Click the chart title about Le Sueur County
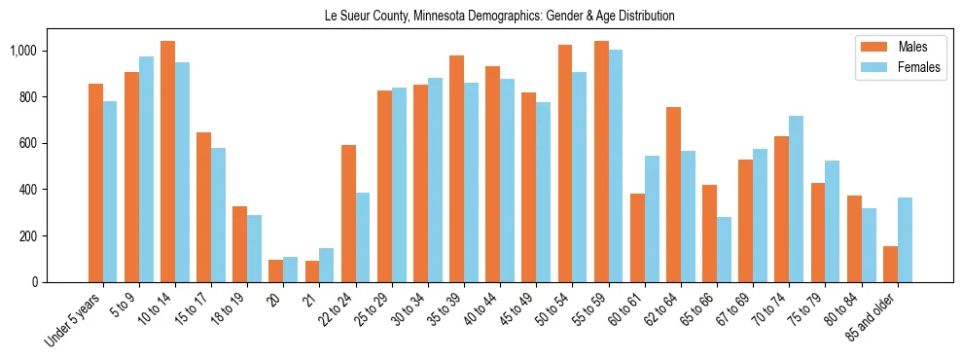tap(499, 17)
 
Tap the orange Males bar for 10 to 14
tap(167, 162)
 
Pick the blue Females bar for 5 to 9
tap(146, 169)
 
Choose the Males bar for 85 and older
tap(890, 264)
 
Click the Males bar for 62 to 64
tap(673, 195)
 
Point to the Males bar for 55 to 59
tap(601, 162)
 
